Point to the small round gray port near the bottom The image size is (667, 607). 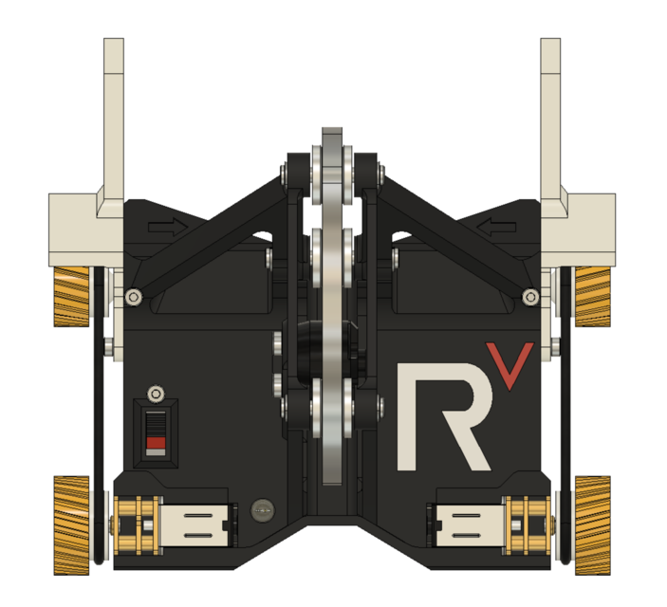click(261, 512)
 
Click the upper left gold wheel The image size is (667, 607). click(70, 296)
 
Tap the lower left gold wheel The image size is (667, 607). click(70, 524)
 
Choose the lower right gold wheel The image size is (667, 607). click(593, 524)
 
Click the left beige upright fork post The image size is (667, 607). click(113, 114)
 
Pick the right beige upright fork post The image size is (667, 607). click(551, 114)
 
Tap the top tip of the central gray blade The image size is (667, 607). click(331, 133)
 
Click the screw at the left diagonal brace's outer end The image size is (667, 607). click(135, 298)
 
